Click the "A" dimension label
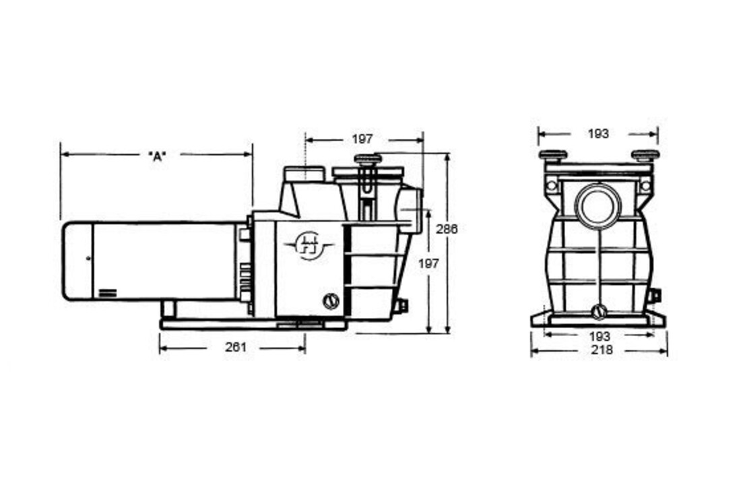(158, 156)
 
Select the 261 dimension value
(236, 348)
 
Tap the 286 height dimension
(447, 229)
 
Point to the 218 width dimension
(602, 350)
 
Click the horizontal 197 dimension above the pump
(362, 139)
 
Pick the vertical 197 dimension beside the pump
(428, 264)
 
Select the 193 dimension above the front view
(598, 134)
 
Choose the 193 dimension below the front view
(600, 337)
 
